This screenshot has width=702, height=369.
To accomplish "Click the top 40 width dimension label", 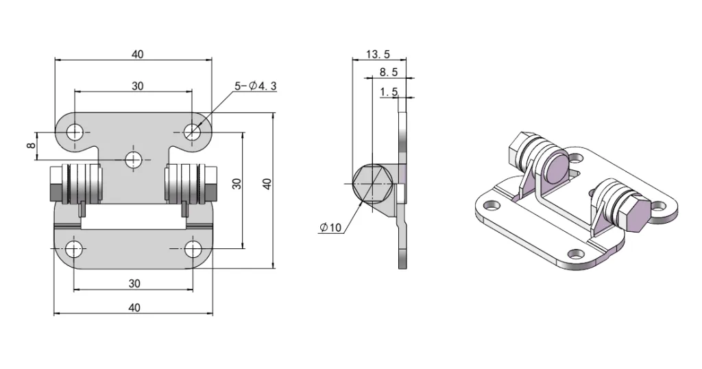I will tap(138, 54).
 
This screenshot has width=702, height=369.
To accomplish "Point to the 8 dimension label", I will tap(30, 146).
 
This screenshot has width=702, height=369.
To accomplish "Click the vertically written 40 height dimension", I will tap(267, 184).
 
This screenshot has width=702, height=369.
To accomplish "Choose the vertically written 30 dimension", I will tap(237, 184).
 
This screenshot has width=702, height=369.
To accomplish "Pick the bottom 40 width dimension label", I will tap(134, 307).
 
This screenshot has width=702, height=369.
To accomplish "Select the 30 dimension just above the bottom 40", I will tap(134, 283).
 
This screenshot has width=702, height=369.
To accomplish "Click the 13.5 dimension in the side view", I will tap(378, 54).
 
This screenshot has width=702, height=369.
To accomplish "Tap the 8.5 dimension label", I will tap(388, 72).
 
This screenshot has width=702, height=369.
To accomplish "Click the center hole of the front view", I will tap(134, 159).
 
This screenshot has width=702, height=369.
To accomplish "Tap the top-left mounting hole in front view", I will tap(75, 131).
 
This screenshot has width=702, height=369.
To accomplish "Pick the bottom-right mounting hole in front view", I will tap(193, 248).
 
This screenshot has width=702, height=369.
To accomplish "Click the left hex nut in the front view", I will tap(56, 183).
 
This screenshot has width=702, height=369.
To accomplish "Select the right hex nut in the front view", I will tap(211, 183).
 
